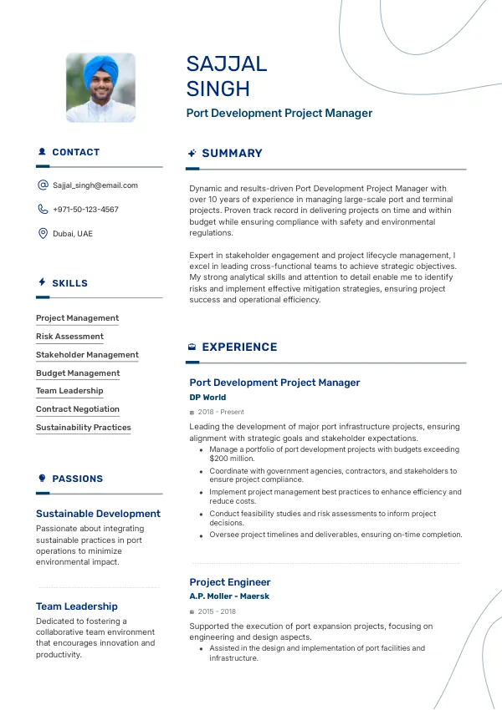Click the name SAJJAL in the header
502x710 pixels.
coord(227,64)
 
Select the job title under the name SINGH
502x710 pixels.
coord(279,113)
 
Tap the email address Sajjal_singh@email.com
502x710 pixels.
coord(95,185)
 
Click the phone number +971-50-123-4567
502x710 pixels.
coord(85,210)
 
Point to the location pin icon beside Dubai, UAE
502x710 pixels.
coord(43,234)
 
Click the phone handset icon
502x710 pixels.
coord(43,210)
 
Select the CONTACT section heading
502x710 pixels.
coord(75,153)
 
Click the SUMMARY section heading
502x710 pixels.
coord(232,154)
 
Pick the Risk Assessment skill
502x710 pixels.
coord(69,337)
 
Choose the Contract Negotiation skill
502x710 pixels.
coord(78,409)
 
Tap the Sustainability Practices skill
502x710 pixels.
coord(84,428)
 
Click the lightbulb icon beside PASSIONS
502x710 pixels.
coord(42,479)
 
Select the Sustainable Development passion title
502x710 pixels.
coord(98,514)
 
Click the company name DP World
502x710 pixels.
coord(207,398)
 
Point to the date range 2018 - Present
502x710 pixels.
coord(221,412)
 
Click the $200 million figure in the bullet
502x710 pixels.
coord(232,459)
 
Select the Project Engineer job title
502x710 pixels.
coord(230,582)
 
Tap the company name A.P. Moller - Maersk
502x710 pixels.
coord(229,596)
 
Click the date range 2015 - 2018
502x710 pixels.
coord(217,611)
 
